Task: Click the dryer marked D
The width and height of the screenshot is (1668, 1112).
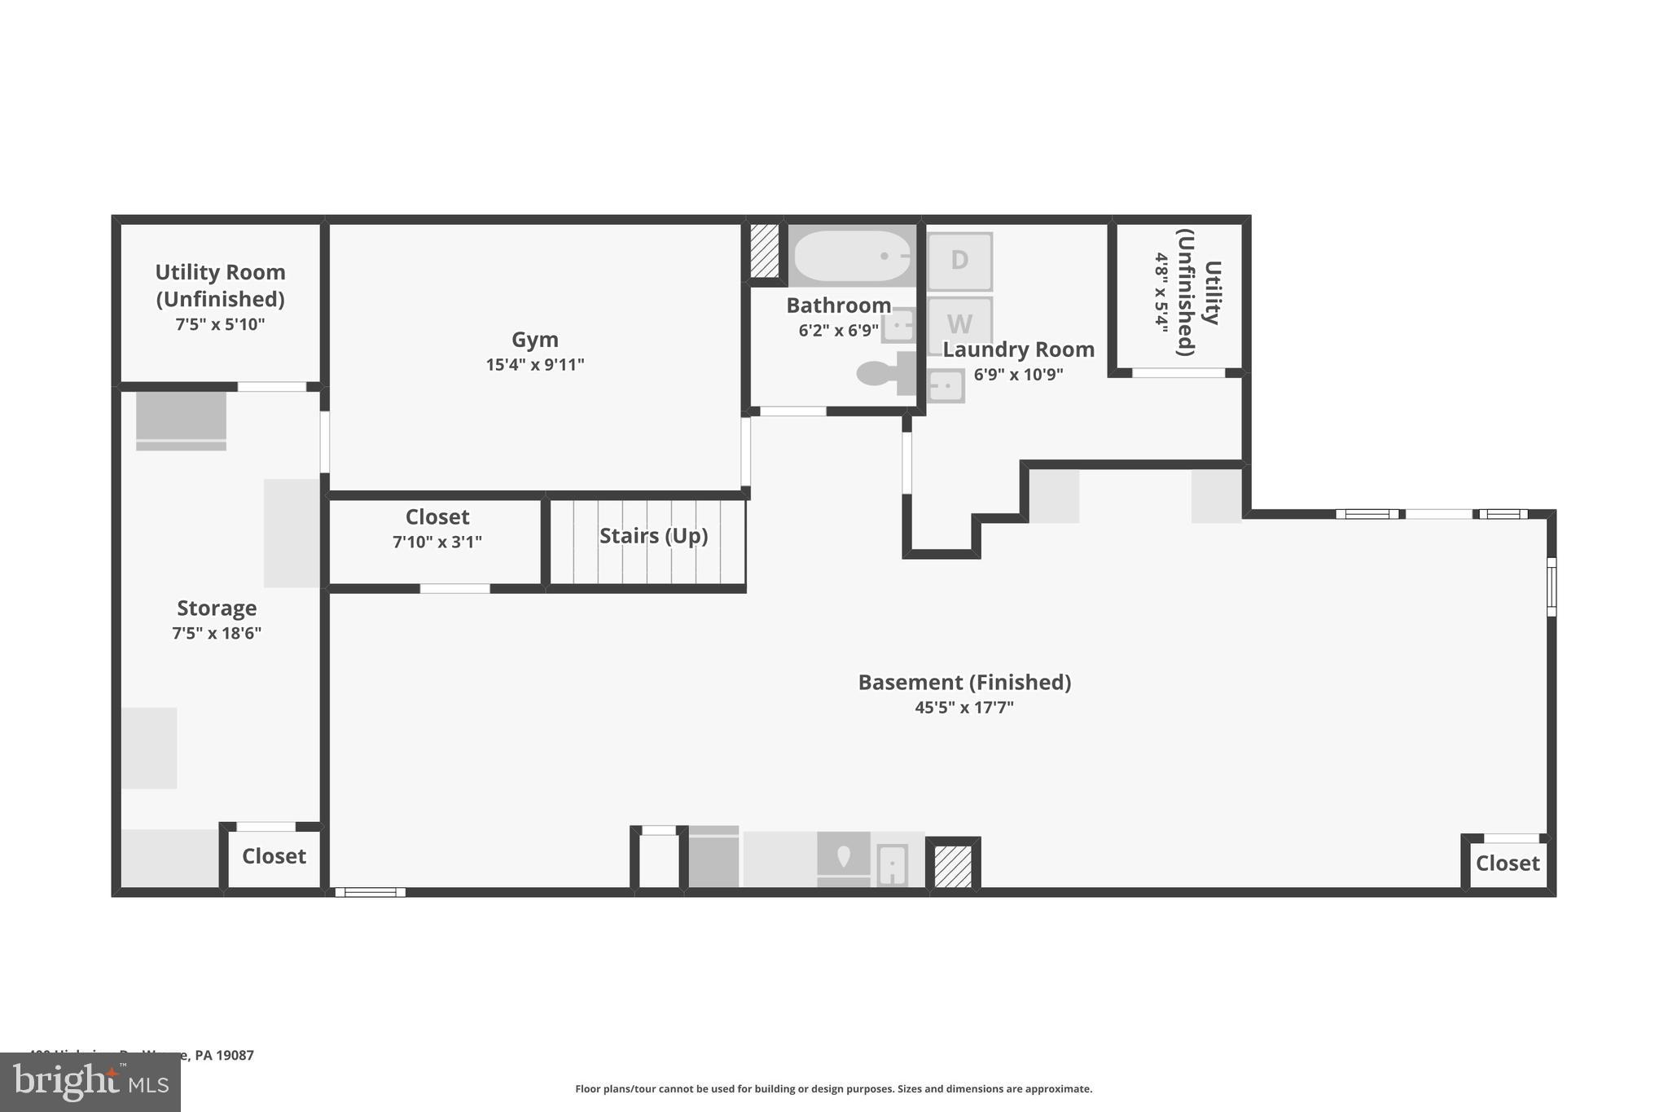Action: click(x=959, y=261)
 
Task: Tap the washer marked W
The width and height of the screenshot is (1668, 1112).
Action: click(x=959, y=323)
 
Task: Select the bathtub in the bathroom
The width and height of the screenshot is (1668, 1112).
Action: click(x=852, y=256)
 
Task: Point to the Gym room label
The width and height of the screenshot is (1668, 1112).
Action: click(x=534, y=340)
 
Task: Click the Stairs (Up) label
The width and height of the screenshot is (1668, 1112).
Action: click(x=653, y=536)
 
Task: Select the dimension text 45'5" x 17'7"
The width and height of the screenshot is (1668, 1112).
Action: click(x=963, y=707)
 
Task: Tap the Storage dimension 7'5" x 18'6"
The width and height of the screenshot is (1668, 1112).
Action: click(x=216, y=633)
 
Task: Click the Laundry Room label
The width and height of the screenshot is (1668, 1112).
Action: click(x=1018, y=349)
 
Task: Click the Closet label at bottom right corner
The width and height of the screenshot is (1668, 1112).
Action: click(x=1507, y=864)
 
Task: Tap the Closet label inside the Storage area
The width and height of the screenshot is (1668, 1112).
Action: click(x=274, y=856)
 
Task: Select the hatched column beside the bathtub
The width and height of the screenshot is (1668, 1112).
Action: click(x=765, y=250)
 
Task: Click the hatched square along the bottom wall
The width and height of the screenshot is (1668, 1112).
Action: click(x=952, y=866)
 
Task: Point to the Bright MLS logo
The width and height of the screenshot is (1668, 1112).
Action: click(x=90, y=1083)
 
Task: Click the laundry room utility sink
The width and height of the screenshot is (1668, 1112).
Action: click(x=946, y=385)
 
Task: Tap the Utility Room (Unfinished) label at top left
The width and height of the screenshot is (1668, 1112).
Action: click(x=220, y=285)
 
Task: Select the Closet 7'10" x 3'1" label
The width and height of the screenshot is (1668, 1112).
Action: click(x=437, y=528)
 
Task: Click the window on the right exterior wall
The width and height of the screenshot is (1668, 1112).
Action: click(x=1551, y=587)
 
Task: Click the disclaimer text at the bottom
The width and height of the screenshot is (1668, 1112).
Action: click(x=833, y=1088)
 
